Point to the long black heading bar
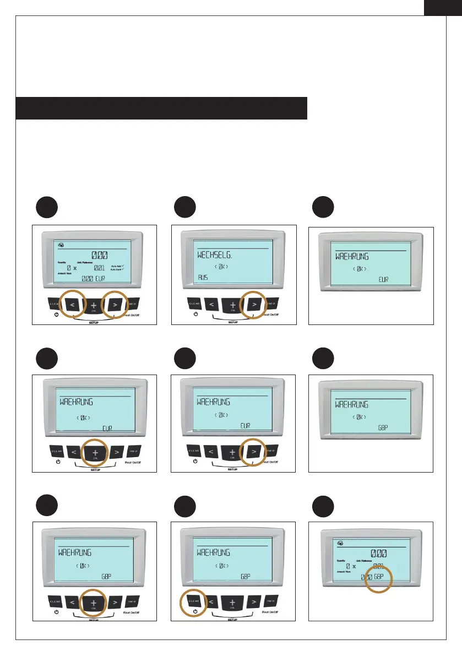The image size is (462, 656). click(161, 108)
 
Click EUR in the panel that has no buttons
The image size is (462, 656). click(384, 280)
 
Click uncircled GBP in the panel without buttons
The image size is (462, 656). click(384, 427)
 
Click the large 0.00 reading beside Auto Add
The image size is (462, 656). click(100, 255)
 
